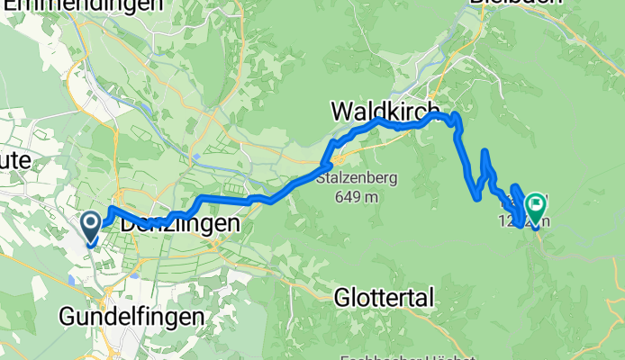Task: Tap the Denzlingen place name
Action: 181,222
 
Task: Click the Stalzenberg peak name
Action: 358,178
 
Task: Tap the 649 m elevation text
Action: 358,196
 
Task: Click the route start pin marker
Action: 92,224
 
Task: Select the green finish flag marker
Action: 536,207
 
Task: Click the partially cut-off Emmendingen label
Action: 86,4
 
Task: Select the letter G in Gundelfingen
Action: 67,317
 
